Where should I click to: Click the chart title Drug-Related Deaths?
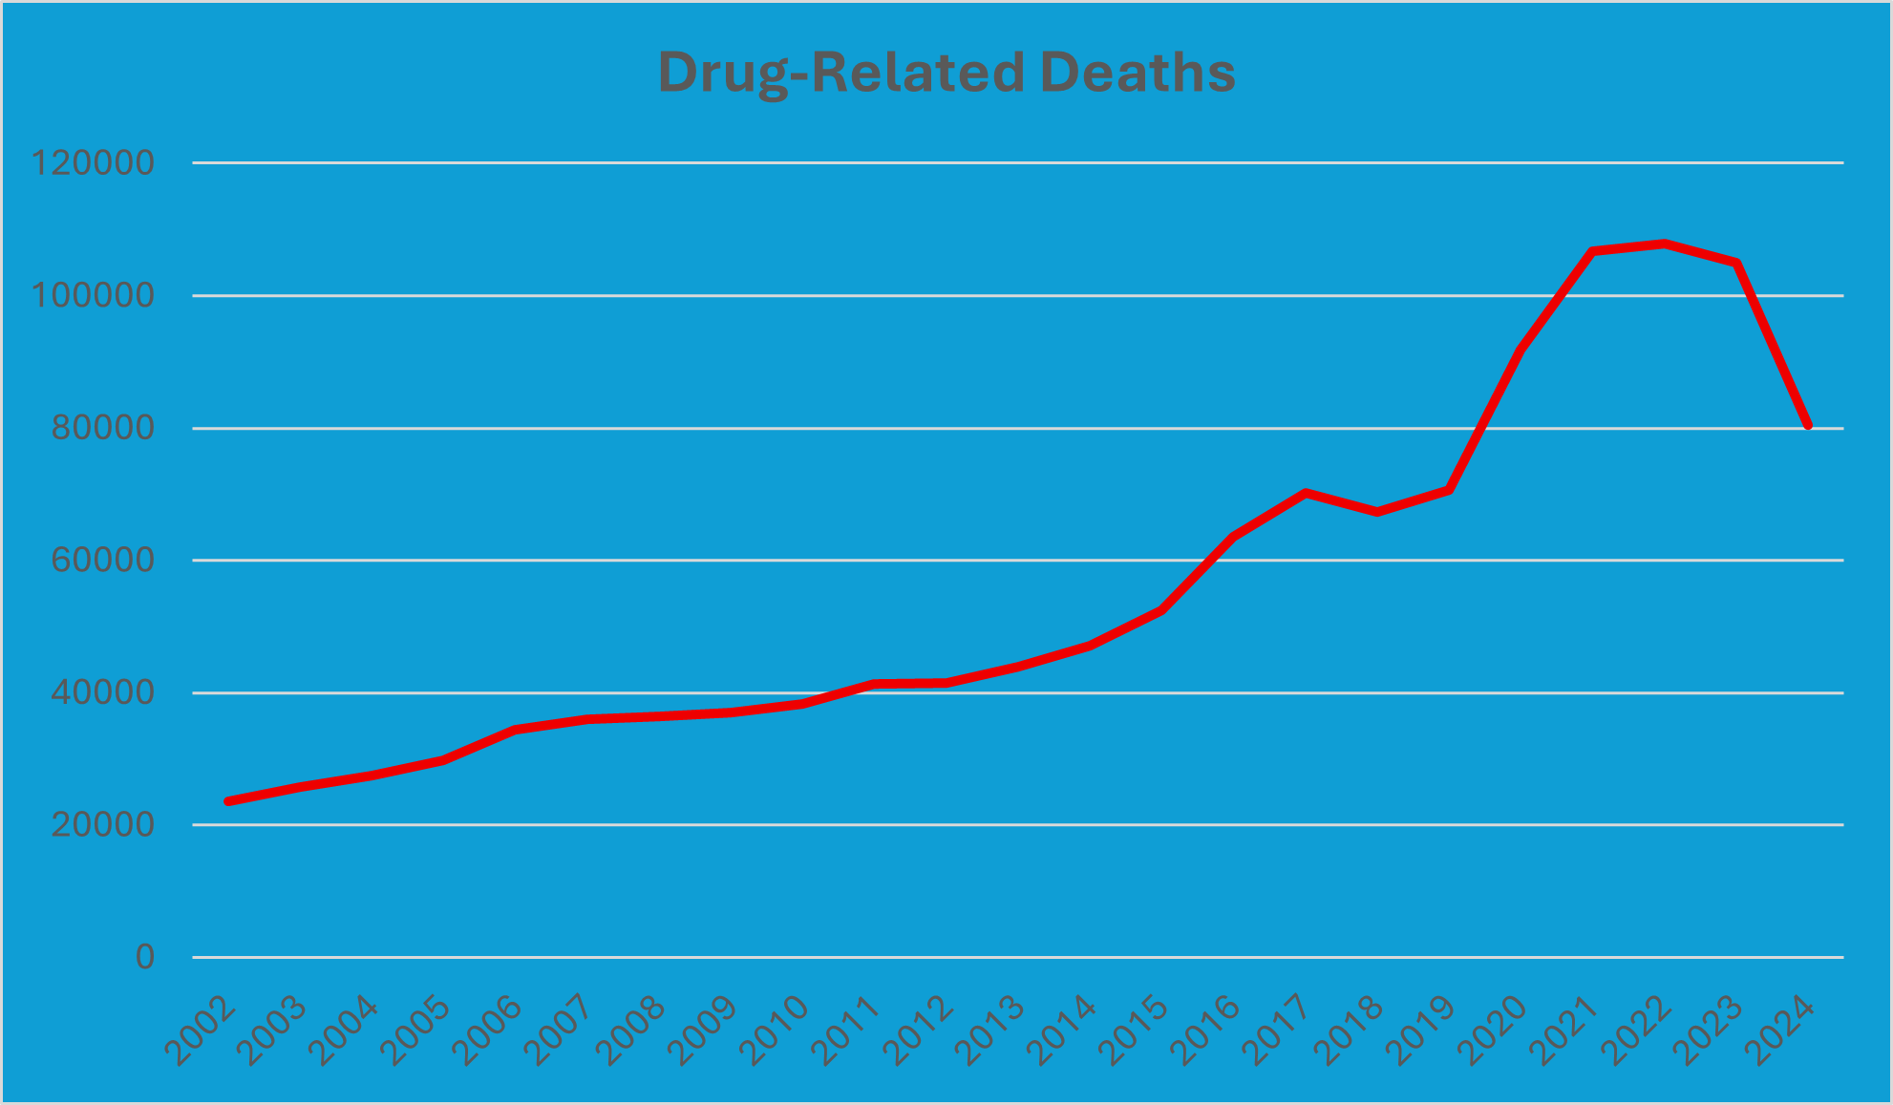point(946,73)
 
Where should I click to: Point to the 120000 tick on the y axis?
point(93,163)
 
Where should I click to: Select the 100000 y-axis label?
point(93,295)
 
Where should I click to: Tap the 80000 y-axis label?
point(102,428)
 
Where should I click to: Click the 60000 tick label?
point(102,560)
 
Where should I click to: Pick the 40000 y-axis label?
point(102,692)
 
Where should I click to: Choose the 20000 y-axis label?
point(102,824)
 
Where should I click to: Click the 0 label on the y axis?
point(144,956)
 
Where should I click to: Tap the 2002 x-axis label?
point(202,1031)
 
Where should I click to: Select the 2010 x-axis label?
point(776,1031)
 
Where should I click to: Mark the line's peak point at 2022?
point(1665,244)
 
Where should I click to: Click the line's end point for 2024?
point(1808,425)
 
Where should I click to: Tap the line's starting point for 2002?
point(228,801)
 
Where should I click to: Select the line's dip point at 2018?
point(1377,512)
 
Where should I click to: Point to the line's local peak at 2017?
point(1306,493)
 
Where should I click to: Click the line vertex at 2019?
point(1449,490)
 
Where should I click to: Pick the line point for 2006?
point(516,730)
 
